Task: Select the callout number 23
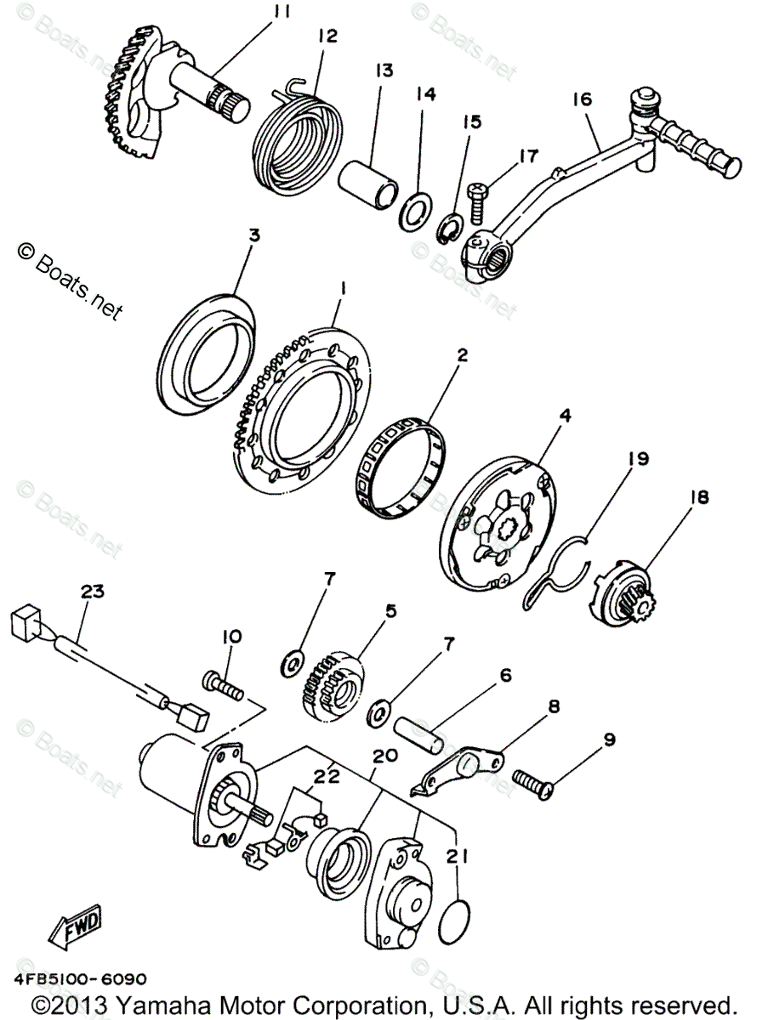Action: pyautogui.click(x=92, y=592)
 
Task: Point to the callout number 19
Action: pyautogui.click(x=638, y=459)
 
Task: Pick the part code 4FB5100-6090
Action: pyautogui.click(x=80, y=978)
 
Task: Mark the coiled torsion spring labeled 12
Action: pyautogui.click(x=302, y=133)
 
